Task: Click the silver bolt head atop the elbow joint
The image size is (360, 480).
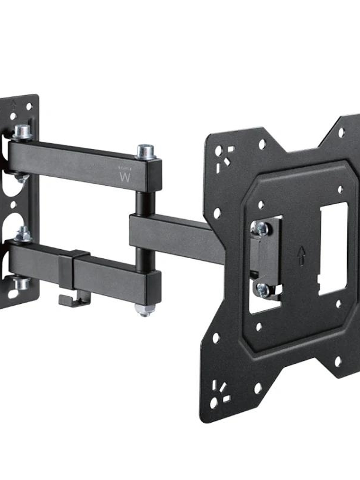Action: pos(146,151)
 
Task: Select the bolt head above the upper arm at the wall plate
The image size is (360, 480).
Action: pos(22,131)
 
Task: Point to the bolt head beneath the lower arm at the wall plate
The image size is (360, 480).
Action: pos(21,283)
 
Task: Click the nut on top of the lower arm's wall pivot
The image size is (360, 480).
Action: pos(23,234)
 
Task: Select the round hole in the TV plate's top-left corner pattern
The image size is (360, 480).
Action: pos(218,151)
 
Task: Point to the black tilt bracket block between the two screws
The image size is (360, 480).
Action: pos(263,258)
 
